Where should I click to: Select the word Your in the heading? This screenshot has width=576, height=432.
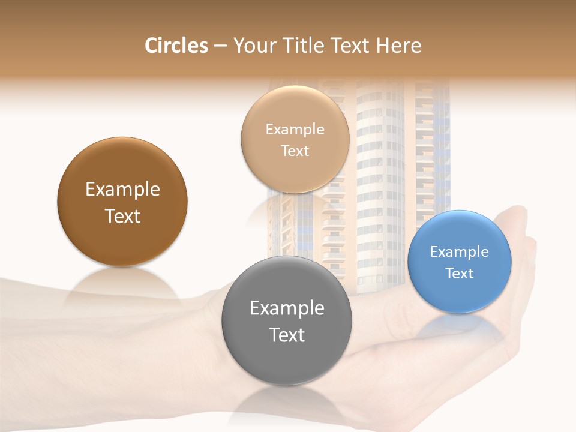click(251, 46)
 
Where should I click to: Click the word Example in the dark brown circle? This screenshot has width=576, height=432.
click(122, 190)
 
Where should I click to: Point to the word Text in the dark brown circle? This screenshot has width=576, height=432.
click(122, 216)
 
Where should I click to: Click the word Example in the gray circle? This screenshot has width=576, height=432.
click(287, 308)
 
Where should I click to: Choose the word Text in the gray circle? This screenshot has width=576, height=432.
click(287, 335)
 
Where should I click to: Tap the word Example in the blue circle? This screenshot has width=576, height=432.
click(460, 252)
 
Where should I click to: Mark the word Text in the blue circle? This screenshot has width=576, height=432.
click(460, 274)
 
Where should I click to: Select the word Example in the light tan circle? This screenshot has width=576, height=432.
click(295, 130)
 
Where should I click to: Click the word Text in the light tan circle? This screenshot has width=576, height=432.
click(295, 151)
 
